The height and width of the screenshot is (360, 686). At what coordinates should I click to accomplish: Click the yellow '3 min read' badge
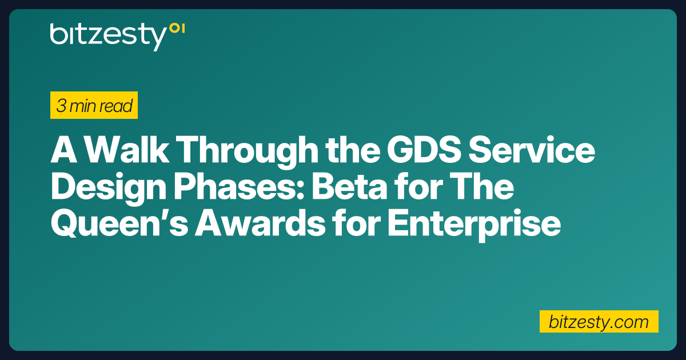94,106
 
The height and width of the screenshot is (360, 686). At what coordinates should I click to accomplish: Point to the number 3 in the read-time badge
61,106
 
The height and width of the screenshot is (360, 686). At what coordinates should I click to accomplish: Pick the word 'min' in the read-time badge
85,106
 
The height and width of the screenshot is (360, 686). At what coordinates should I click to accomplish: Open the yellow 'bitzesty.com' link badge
599,322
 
